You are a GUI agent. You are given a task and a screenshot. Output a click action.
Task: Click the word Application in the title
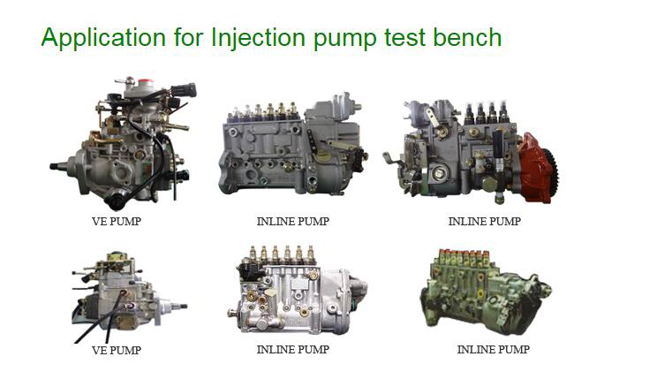103,38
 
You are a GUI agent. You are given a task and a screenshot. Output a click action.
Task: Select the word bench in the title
467,37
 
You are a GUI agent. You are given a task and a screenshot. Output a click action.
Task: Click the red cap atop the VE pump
145,80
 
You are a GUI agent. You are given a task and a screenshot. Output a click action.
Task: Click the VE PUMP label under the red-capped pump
117,221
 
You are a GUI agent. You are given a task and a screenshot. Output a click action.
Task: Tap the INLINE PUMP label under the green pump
493,349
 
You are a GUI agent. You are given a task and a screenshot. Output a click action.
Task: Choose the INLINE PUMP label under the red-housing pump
485,221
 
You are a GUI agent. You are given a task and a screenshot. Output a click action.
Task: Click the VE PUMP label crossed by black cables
117,350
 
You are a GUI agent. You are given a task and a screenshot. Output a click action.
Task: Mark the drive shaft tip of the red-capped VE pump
52,166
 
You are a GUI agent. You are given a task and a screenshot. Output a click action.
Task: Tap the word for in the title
188,37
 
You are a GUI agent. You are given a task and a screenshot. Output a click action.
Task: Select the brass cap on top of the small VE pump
117,256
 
